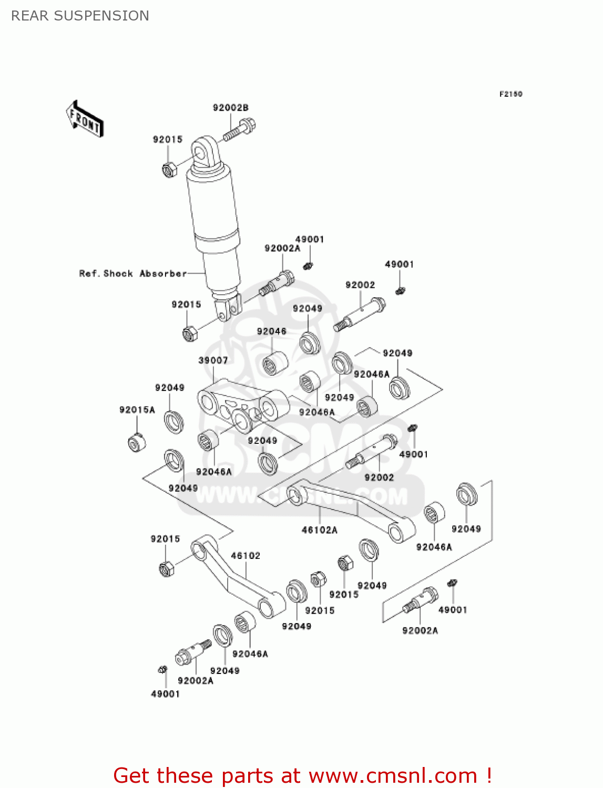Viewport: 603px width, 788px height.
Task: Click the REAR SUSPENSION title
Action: [x=80, y=16]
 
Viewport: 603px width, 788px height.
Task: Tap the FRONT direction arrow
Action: [x=85, y=119]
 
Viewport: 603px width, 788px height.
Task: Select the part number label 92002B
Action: [x=230, y=108]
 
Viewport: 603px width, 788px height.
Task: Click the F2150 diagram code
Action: [x=510, y=94]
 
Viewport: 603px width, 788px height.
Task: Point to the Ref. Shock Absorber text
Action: [x=132, y=274]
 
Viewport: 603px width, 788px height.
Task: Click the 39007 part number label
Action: [x=213, y=360]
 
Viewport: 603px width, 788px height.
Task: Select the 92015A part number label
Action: [x=137, y=410]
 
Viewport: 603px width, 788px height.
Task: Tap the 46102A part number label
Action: [x=319, y=530]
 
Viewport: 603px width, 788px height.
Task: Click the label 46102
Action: [x=246, y=556]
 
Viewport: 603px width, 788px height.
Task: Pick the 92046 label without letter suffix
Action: [x=271, y=331]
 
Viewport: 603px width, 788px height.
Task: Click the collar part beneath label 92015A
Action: [x=137, y=442]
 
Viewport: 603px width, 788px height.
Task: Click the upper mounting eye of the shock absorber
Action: [x=202, y=152]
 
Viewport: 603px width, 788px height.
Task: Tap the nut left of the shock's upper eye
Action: [x=168, y=170]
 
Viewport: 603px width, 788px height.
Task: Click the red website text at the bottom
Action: [x=302, y=775]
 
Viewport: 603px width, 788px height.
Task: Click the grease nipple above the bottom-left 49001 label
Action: [x=162, y=669]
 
